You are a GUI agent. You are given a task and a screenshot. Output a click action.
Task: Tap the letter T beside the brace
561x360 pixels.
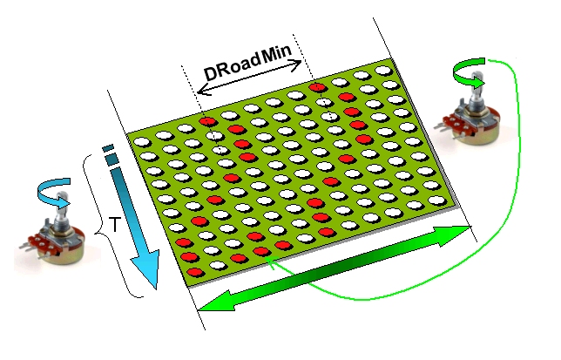click(x=113, y=226)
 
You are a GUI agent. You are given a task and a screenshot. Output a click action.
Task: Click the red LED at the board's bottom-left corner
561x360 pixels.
click(x=197, y=273)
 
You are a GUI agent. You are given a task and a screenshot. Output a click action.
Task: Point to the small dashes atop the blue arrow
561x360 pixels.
click(x=108, y=153)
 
